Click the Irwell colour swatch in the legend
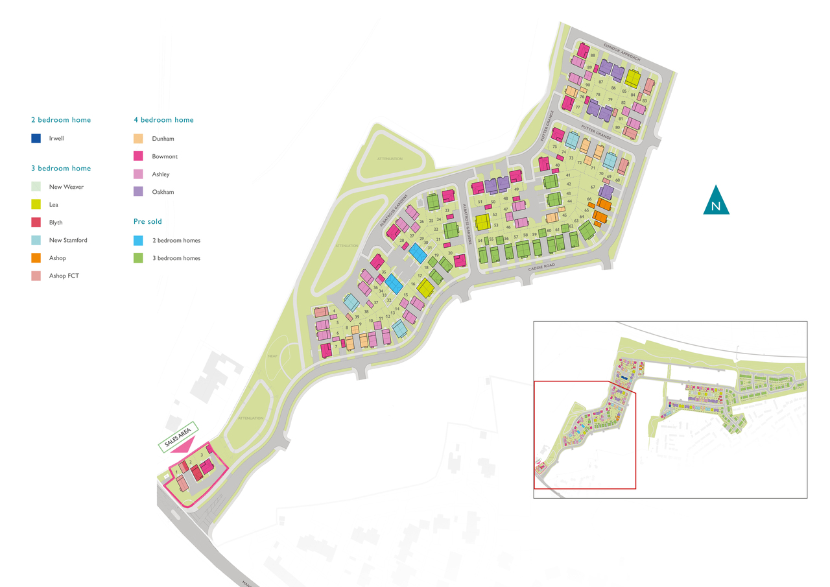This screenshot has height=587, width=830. point(36,138)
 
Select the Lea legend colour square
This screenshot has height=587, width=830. point(36,204)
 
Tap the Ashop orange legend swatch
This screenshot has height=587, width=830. point(36,258)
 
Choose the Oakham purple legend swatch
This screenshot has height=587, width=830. point(137,192)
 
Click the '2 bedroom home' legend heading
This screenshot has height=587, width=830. point(61,120)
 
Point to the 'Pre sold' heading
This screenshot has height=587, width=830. point(148,222)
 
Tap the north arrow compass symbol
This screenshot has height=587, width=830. point(716,200)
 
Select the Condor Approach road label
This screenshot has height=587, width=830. point(622,53)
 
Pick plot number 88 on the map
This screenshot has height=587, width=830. point(593,56)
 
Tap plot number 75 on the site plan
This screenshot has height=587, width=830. point(554,147)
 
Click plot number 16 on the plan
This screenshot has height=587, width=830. point(413,284)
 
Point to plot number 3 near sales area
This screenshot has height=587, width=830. point(202,456)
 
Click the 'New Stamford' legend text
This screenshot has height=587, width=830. point(68,240)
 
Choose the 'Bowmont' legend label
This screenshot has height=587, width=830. point(165,156)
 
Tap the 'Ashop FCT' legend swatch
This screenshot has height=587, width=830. point(36,276)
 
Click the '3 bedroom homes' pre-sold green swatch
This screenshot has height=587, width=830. point(137,258)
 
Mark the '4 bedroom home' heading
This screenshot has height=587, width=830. point(163,120)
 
